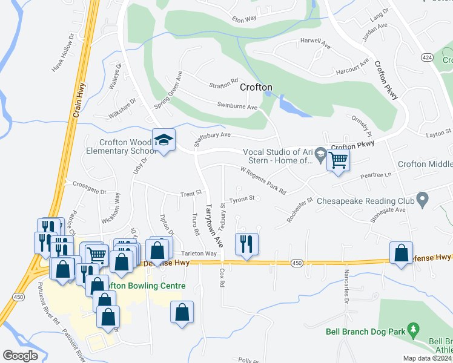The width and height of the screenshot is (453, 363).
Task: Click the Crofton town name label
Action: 256,87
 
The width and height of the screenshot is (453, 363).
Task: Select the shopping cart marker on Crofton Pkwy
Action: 339,160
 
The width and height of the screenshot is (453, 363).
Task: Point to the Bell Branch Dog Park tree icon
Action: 414,330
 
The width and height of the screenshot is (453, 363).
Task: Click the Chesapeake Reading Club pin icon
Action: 423,199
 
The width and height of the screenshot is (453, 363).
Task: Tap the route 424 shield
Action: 427,57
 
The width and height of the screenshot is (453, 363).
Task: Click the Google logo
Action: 20,356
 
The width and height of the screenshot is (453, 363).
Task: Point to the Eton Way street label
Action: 245,19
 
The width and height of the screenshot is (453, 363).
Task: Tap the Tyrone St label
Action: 242,198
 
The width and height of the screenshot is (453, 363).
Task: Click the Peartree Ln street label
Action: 376,175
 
